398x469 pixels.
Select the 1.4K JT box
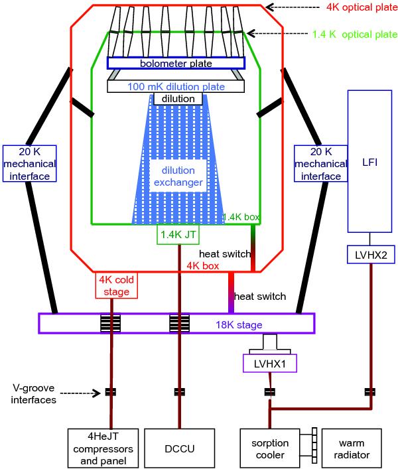pos(178,234)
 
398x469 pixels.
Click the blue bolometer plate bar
pos(176,63)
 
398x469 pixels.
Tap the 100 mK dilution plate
pos(176,86)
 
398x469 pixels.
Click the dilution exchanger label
pos(176,177)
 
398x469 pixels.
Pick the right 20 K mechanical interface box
pos(320,164)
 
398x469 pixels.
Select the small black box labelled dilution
pos(178,99)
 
